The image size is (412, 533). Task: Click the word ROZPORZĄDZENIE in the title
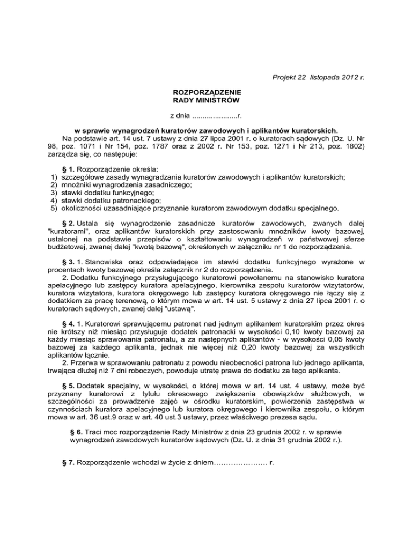point(206,92)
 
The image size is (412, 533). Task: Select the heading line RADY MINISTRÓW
point(206,100)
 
